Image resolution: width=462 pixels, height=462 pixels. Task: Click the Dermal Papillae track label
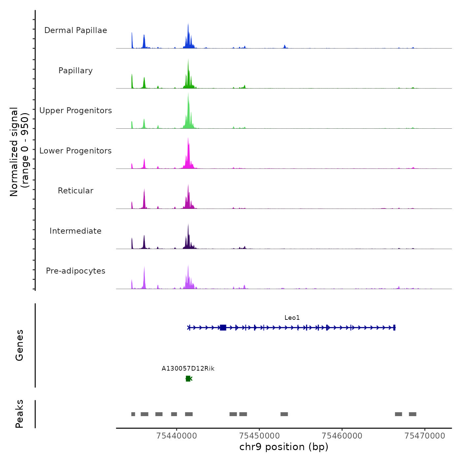[76, 30]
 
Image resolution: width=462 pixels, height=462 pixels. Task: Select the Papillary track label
[76, 71]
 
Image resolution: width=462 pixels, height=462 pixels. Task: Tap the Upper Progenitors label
[76, 111]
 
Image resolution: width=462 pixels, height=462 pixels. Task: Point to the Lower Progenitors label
[76, 151]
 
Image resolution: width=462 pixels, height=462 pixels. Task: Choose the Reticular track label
[76, 191]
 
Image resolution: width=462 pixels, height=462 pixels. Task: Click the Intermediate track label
[76, 231]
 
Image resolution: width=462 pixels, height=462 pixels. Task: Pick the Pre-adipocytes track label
[76, 271]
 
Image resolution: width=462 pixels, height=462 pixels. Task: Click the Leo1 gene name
[292, 318]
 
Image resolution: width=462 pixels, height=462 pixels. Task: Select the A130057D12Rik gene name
[188, 369]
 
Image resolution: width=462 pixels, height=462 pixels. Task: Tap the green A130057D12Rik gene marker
[188, 379]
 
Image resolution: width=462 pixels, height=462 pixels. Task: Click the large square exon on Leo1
[223, 327]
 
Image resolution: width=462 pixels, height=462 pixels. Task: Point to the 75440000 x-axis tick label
[177, 436]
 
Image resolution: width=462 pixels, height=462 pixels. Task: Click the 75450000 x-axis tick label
[260, 436]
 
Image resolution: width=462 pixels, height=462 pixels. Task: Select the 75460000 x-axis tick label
[342, 436]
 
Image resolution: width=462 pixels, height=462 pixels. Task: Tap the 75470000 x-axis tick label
[425, 436]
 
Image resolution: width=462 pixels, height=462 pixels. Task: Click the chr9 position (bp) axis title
[284, 447]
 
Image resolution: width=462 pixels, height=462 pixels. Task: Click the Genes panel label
[19, 345]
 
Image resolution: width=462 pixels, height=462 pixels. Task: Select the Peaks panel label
[19, 414]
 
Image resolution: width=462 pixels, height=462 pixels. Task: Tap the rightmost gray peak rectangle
[412, 414]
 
